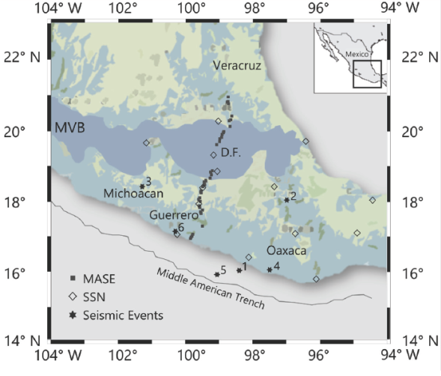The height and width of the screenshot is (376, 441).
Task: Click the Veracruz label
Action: click(x=237, y=66)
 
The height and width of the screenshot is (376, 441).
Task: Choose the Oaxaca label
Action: click(x=287, y=251)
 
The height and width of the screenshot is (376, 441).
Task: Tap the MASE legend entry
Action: click(x=100, y=282)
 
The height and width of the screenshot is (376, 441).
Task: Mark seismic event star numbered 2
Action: click(x=287, y=199)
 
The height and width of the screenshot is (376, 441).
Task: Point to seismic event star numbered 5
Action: click(x=216, y=274)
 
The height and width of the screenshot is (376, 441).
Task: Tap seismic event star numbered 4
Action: click(x=270, y=269)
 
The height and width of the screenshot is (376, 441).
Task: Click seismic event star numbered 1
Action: click(x=239, y=270)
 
